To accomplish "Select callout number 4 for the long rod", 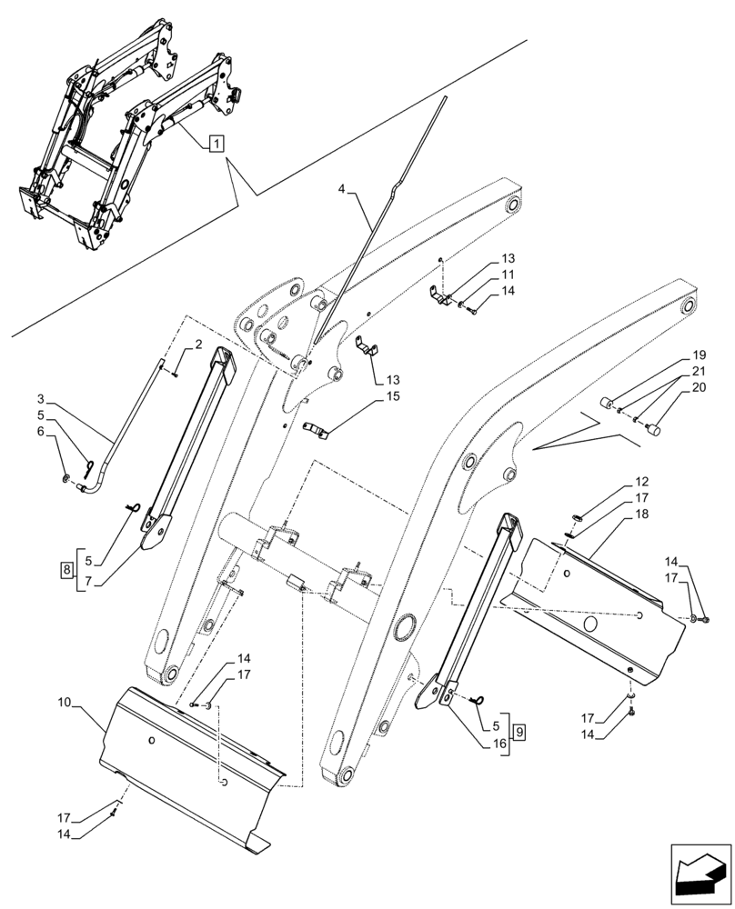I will pyautogui.click(x=340, y=189).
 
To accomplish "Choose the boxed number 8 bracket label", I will pyautogui.click(x=66, y=570).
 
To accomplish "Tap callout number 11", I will pyautogui.click(x=508, y=275).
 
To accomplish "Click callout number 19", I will pyautogui.click(x=699, y=354).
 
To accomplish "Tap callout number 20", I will pyautogui.click(x=699, y=386).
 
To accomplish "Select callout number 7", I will pyautogui.click(x=89, y=579).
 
